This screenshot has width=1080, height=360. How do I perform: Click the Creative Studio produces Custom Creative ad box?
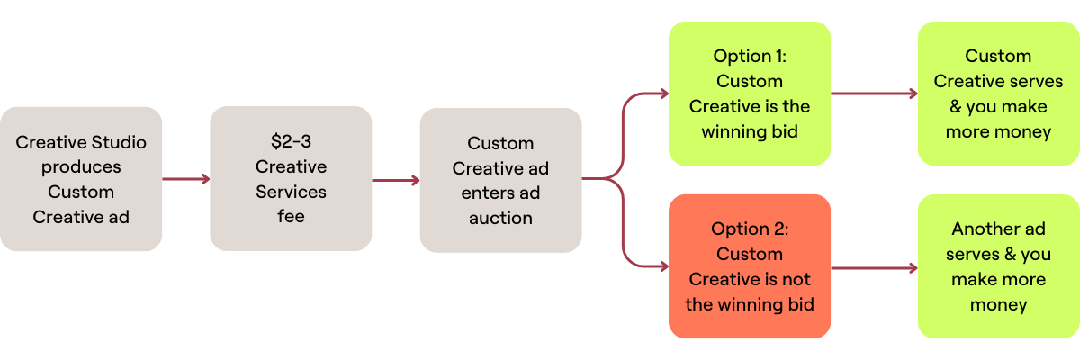tap(81, 179)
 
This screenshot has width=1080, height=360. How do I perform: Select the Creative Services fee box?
tap(291, 179)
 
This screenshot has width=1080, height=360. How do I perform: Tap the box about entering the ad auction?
tap(500, 180)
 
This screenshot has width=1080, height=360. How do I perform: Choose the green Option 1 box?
tap(749, 94)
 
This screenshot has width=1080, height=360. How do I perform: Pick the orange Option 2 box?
tap(749, 266)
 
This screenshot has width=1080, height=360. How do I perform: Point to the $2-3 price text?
tap(291, 142)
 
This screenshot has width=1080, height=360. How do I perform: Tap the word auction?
tap(500, 218)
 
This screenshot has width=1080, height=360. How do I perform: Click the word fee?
tap(291, 217)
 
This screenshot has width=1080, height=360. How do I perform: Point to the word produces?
tap(81, 166)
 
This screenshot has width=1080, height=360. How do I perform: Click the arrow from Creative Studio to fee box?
tap(186, 179)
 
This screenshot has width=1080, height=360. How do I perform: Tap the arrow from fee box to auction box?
tap(396, 180)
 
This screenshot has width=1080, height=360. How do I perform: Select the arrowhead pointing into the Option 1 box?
tap(662, 94)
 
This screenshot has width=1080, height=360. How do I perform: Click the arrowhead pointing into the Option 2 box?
tap(662, 266)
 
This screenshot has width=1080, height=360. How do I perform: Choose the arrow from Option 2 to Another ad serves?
tap(873, 267)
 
